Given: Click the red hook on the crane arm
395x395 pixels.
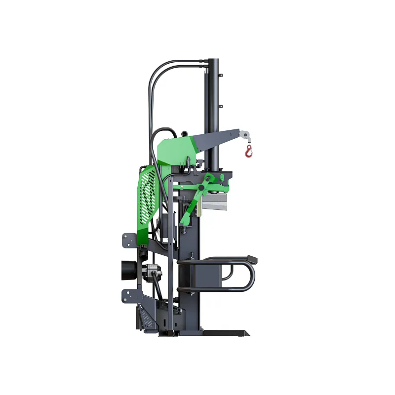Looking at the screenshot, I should coord(249,151).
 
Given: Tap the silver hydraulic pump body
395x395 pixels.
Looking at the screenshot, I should coord(150,272).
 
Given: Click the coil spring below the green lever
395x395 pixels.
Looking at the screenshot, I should coord(184,229).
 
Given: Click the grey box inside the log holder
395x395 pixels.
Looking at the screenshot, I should coord(202,274).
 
